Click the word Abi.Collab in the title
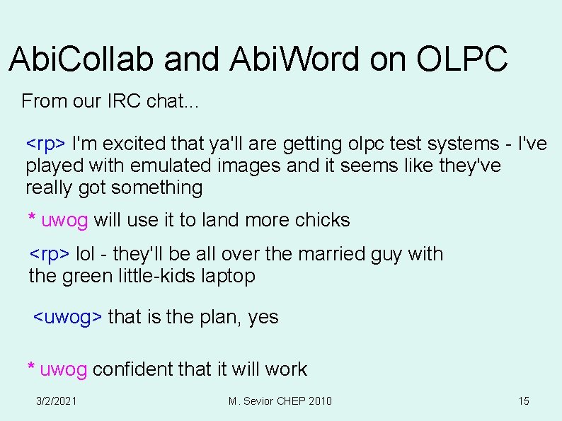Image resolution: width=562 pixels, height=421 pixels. coord(82,59)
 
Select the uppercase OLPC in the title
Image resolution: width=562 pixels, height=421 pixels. coord(461,59)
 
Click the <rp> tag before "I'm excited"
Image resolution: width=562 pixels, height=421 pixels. coord(46,144)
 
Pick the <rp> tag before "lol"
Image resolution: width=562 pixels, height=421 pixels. coord(49,254)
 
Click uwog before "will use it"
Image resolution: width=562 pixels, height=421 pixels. coord(64,220)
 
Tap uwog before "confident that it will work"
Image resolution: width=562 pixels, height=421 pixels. coord(64,369)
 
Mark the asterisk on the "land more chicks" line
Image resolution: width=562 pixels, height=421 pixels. coord(32,219)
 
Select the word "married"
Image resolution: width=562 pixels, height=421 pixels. coord(331,254)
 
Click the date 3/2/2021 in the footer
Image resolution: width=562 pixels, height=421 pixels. coord(57,401)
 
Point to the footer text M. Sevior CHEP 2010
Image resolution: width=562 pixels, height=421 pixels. coord(280,401)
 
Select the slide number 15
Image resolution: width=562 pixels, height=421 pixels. coord(524,401)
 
